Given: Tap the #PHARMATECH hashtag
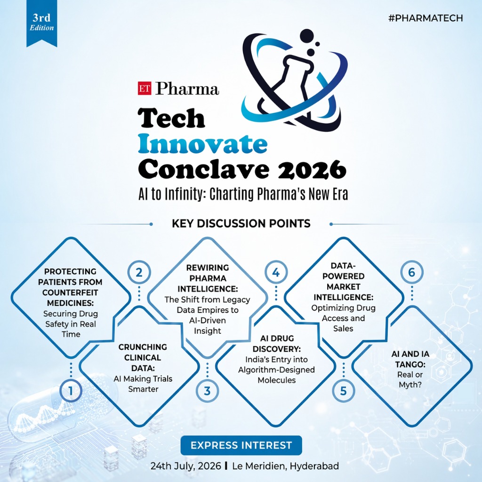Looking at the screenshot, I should pyautogui.click(x=426, y=18).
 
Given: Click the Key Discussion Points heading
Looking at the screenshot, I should pyautogui.click(x=241, y=224).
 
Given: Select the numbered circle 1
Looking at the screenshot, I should pyautogui.click(x=71, y=390).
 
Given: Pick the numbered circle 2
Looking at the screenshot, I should pyautogui.click(x=139, y=272).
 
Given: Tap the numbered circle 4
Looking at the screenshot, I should pyautogui.click(x=275, y=272).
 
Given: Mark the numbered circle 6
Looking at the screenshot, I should pyautogui.click(x=411, y=272).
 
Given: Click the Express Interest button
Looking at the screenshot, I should pyautogui.click(x=241, y=445).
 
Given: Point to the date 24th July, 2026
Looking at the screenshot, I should pyautogui.click(x=185, y=467).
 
